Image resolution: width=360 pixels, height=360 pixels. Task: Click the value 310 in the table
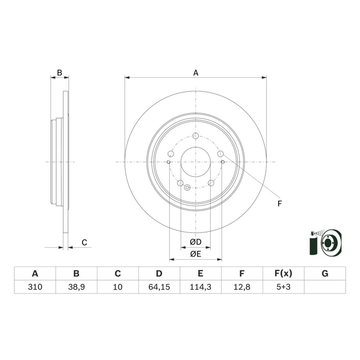pos(35,287)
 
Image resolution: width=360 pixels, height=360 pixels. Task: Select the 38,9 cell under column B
pos(76,287)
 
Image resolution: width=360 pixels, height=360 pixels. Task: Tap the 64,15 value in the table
pos(159,287)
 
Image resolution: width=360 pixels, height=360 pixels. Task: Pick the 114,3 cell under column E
pos(200,287)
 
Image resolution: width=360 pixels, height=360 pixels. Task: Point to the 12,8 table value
pos(242,287)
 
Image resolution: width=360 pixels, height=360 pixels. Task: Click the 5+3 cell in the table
pos(283,287)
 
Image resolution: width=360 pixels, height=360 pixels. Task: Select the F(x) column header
pos(283,273)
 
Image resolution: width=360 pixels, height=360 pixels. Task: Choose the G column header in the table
pos(325,273)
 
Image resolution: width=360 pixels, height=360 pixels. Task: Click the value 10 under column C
pos(118,287)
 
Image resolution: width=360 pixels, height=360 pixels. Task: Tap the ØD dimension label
pos(196,242)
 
